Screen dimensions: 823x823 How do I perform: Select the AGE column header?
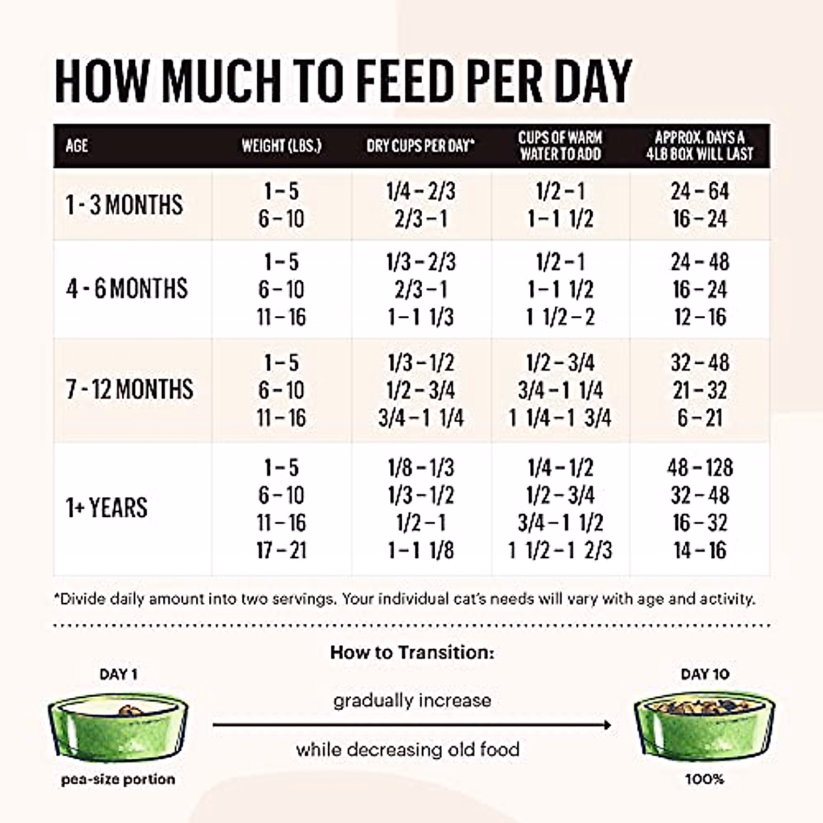point(77,146)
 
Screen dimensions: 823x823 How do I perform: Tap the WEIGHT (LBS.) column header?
point(281,146)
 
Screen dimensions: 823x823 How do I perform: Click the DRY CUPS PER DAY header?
point(420,146)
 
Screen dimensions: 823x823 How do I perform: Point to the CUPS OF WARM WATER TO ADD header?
point(560,145)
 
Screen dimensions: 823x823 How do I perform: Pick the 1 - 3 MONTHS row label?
point(125,205)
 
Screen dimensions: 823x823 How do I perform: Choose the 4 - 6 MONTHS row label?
point(127,289)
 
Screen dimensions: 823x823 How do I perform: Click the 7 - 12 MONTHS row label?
point(130,390)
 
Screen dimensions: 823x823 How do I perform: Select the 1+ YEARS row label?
point(107,508)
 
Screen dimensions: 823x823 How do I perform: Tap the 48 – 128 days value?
point(700,468)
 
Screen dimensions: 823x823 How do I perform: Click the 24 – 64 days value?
point(700,191)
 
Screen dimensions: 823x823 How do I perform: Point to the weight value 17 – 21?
point(281,550)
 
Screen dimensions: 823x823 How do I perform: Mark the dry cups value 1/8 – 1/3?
point(420,468)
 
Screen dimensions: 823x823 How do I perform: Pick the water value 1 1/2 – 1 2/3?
point(560,550)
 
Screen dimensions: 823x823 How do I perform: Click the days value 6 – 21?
point(700,418)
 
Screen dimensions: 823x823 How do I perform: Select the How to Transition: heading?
point(411,652)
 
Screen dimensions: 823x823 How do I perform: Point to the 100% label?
point(704,779)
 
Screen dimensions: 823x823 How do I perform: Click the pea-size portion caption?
point(118,780)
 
